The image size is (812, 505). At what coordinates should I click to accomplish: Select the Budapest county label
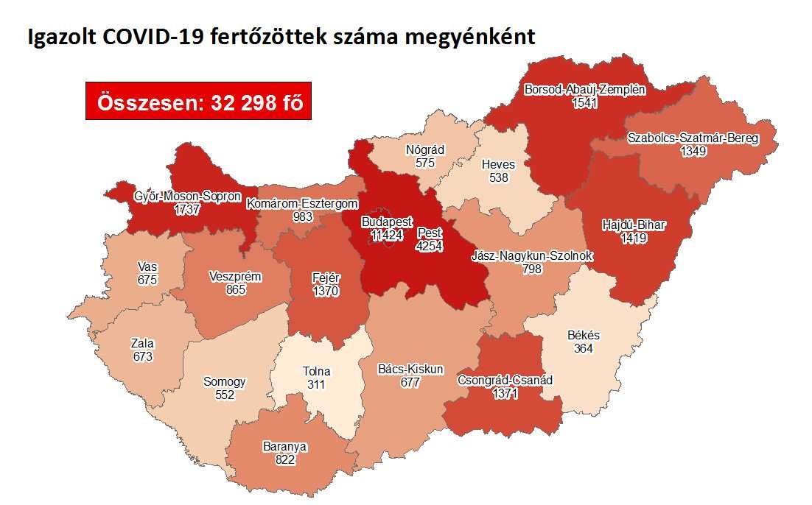(387, 222)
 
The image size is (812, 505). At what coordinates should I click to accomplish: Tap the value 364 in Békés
(584, 348)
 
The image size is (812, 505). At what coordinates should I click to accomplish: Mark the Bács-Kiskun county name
(410, 369)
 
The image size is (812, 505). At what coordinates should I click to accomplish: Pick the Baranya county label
(284, 446)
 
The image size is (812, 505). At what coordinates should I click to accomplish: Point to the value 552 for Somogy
(224, 395)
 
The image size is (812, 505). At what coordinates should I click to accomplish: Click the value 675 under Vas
(147, 280)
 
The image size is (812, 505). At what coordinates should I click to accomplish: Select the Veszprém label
(235, 276)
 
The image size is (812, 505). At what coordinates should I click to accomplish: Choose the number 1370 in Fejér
(324, 291)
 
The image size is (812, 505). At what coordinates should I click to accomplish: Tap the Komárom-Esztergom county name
(302, 203)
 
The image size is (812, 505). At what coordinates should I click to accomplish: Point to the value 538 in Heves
(498, 177)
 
